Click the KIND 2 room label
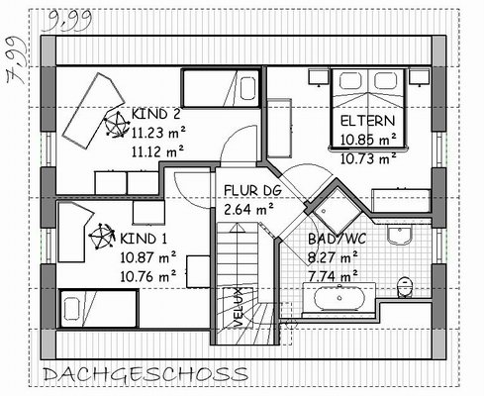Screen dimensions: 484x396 click(156, 114)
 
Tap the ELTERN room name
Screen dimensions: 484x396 click(367, 121)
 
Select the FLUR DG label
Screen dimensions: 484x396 click(252, 190)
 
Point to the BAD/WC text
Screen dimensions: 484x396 click(337, 239)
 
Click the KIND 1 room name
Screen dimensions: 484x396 click(144, 239)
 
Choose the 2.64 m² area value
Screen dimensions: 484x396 click(248, 209)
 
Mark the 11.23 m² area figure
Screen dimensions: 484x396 click(158, 133)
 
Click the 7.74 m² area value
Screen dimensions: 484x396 click(333, 275)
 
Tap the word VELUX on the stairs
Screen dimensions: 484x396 click(238, 307)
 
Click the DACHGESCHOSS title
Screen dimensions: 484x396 click(145, 374)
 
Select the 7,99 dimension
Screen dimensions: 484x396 click(17, 59)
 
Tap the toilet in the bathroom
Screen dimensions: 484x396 click(404, 287)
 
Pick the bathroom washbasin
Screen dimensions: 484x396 click(400, 236)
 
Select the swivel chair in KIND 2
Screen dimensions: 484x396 click(116, 125)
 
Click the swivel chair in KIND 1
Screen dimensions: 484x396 click(102, 236)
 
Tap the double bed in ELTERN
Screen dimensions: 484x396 click(368, 108)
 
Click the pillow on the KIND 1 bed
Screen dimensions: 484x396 click(71, 309)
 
